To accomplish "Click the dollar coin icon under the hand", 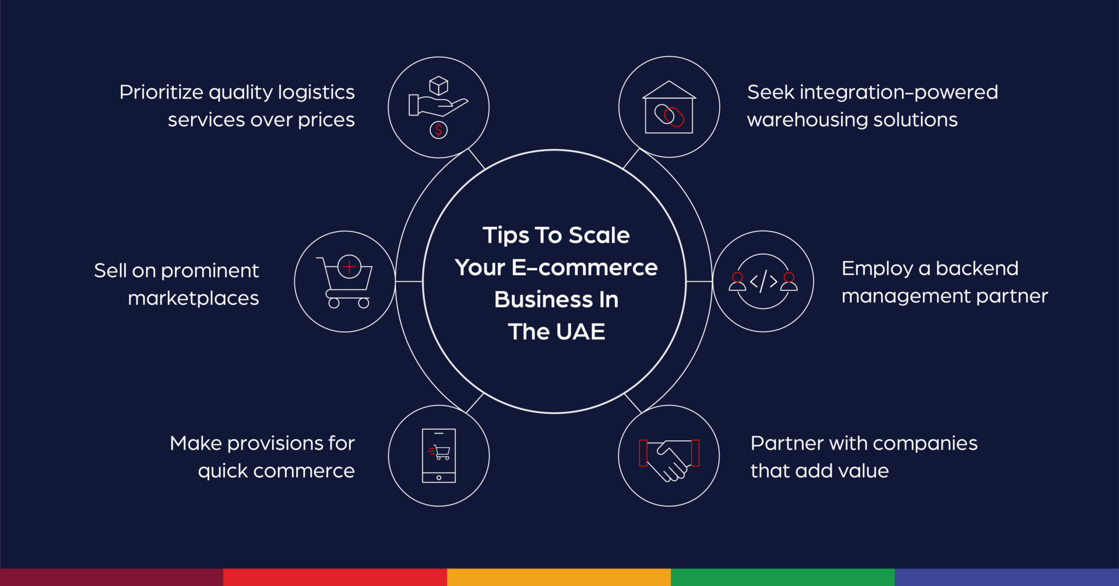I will pyautogui.click(x=439, y=130).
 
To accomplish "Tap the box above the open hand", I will pyautogui.click(x=438, y=86).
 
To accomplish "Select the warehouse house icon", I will pyautogui.click(x=669, y=107).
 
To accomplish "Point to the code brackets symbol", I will pyautogui.click(x=763, y=282).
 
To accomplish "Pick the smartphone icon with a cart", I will pyautogui.click(x=439, y=455).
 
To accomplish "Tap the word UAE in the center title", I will pyautogui.click(x=580, y=332).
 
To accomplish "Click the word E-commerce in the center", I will pyautogui.click(x=584, y=268).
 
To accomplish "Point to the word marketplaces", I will pyautogui.click(x=193, y=299).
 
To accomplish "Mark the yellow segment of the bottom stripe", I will pyautogui.click(x=558, y=577).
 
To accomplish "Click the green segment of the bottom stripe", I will pyautogui.click(x=782, y=577).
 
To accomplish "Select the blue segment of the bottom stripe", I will pyautogui.click(x=1007, y=577).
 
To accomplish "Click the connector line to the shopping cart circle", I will pyautogui.click(x=409, y=282).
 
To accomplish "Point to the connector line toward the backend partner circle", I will pyautogui.click(x=699, y=282).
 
